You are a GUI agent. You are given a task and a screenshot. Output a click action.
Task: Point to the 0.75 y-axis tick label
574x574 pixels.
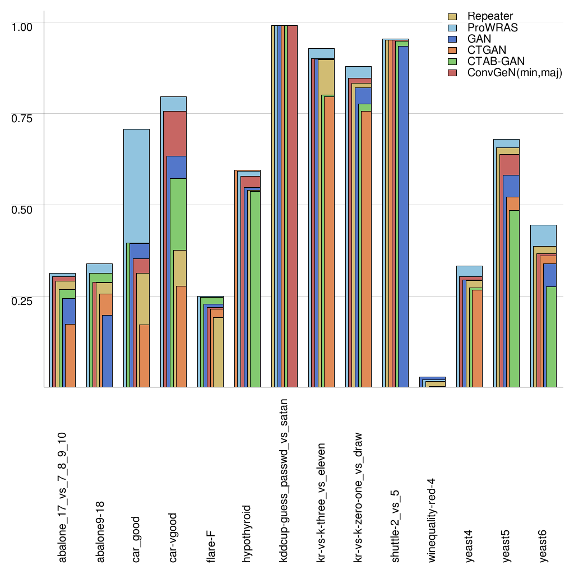[x=22, y=118]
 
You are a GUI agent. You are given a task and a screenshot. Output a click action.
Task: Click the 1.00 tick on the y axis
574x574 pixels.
[x=22, y=26]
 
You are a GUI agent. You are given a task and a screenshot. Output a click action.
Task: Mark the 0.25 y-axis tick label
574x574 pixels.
[x=22, y=300]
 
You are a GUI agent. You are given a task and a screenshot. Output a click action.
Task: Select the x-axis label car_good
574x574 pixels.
[x=137, y=538]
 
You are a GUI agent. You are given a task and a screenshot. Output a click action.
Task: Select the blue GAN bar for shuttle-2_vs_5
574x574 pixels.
[x=402, y=224]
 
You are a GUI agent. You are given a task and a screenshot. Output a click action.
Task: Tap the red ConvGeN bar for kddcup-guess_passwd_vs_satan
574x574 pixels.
[x=292, y=207]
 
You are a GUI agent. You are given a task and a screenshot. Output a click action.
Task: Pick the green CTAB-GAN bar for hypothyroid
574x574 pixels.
[x=255, y=291]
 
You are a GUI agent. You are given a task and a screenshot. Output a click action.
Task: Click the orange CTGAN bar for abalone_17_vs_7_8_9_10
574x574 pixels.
[x=70, y=356]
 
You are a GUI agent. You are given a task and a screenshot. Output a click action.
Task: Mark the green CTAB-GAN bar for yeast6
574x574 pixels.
[x=552, y=336]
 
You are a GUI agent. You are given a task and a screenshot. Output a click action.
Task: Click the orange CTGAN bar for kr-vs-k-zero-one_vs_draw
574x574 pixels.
[x=366, y=252]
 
